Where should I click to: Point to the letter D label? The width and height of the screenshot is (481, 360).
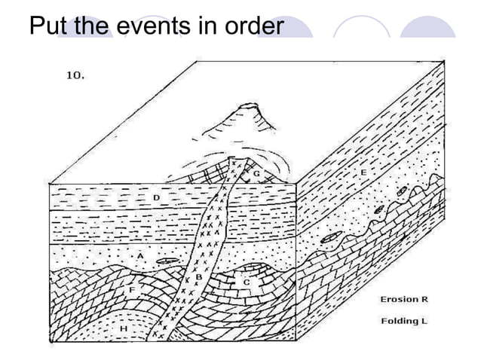(x=156, y=197)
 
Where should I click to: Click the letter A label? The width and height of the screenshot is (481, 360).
(x=140, y=256)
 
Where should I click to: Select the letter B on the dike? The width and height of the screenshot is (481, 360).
(x=198, y=276)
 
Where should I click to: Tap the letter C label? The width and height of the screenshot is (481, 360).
(x=246, y=282)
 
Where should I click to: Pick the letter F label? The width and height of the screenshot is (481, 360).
(x=132, y=289)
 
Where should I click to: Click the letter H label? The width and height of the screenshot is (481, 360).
(x=122, y=328)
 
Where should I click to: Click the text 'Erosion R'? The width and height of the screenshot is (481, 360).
(x=404, y=300)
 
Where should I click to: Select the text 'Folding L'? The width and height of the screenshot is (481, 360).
(x=404, y=321)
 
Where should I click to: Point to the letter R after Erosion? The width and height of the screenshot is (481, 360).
(x=425, y=300)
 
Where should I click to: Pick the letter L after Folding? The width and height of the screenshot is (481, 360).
(x=424, y=321)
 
